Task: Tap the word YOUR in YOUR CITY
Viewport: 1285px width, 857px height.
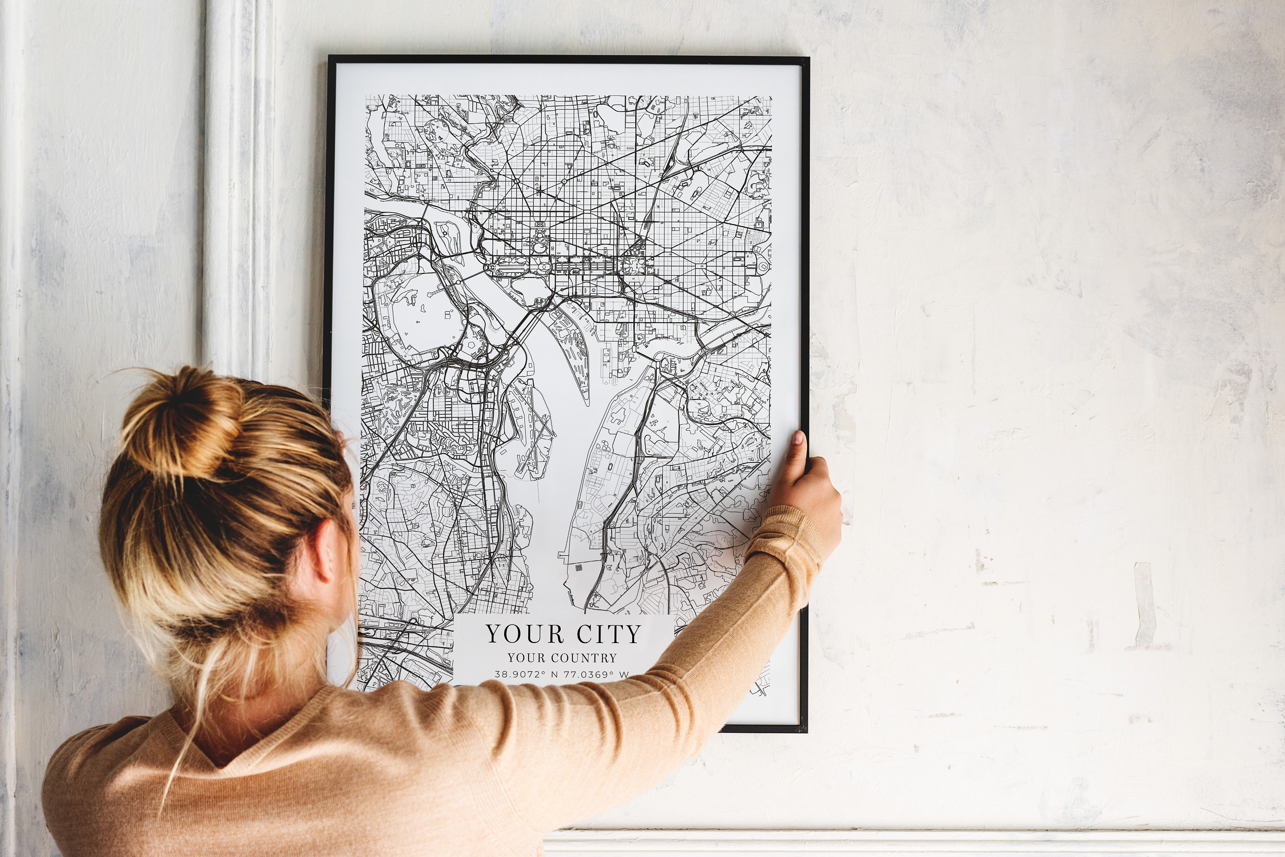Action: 524,634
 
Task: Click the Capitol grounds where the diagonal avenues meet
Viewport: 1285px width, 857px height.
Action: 634,265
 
